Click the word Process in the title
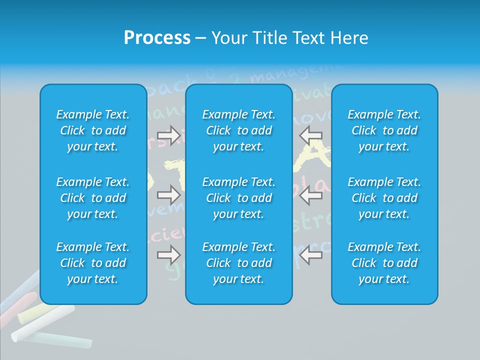(x=157, y=38)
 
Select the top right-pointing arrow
(x=168, y=135)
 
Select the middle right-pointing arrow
(x=168, y=195)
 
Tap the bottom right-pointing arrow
(x=168, y=255)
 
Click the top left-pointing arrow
(x=311, y=135)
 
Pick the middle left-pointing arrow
(x=311, y=195)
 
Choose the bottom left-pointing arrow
(x=311, y=255)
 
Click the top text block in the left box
(x=93, y=130)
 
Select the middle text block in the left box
(x=93, y=198)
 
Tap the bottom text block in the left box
(x=93, y=263)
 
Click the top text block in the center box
(x=239, y=130)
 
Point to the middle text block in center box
(x=239, y=198)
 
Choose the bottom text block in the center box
(x=239, y=263)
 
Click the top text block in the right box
(x=384, y=130)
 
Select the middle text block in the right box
(x=384, y=198)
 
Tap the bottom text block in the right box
(x=384, y=263)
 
